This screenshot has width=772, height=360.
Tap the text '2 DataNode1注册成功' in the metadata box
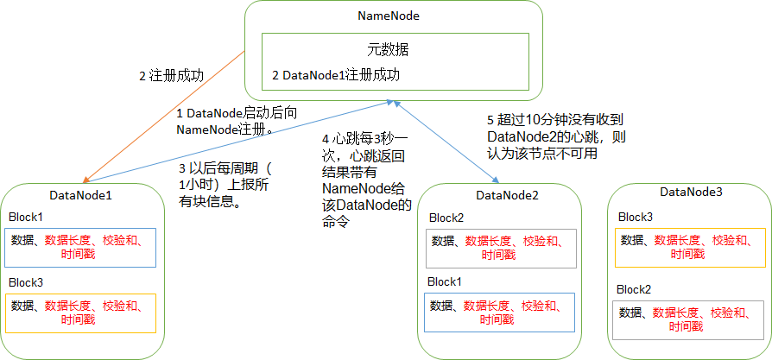click(x=336, y=75)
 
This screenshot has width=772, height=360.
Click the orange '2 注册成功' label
click(x=171, y=75)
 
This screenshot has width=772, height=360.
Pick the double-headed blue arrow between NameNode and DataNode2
click(x=445, y=141)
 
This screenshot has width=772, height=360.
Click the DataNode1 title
click(x=81, y=195)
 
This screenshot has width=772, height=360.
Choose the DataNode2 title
click(x=507, y=195)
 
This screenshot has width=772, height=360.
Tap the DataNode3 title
click(x=691, y=192)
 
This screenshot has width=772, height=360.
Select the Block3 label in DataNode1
click(x=25, y=282)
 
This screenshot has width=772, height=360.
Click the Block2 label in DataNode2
click(x=446, y=218)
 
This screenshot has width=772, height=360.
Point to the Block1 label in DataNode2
click(x=446, y=281)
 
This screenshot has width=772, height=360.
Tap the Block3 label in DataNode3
click(x=636, y=216)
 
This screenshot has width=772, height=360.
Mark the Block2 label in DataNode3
click(x=636, y=288)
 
